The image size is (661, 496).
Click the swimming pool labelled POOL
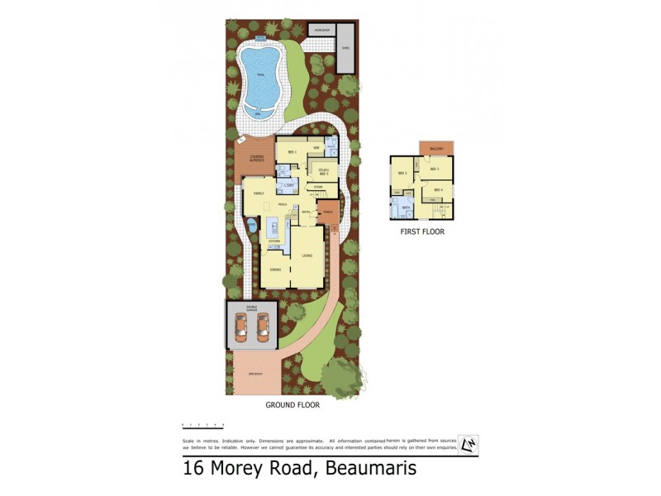(260, 77)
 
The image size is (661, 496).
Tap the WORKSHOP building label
(320, 30)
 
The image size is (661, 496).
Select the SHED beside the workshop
(345, 46)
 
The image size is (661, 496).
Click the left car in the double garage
(240, 327)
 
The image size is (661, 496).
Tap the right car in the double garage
(264, 327)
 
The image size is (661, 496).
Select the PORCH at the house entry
(329, 211)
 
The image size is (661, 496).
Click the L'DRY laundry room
(289, 185)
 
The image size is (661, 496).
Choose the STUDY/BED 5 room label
(323, 172)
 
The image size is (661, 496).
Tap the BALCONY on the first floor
(436, 148)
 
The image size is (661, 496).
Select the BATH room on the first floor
(407, 207)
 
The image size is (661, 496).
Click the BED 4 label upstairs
(437, 191)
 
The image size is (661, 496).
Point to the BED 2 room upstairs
(402, 173)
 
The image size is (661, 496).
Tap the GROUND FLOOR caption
(292, 406)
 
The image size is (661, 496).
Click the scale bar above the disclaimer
(203, 425)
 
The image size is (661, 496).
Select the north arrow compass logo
(468, 445)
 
